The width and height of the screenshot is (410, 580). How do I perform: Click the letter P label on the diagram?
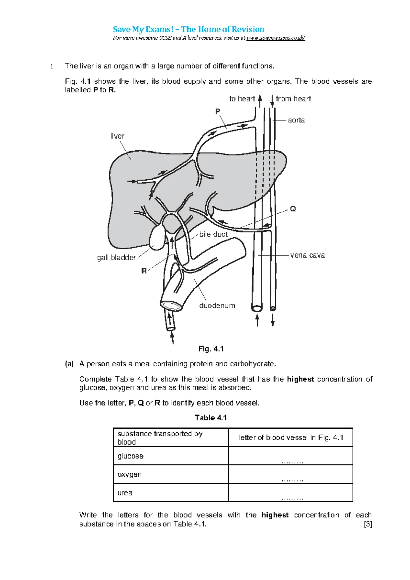(218, 111)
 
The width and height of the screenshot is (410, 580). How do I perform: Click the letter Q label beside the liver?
(293, 209)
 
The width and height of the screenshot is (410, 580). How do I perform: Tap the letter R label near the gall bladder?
(144, 271)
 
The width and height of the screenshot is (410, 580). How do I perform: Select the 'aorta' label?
(296, 120)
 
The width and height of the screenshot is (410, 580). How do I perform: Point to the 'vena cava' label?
(307, 255)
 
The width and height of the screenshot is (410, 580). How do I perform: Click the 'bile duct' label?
(213, 234)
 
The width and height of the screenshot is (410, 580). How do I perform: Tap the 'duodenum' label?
(217, 306)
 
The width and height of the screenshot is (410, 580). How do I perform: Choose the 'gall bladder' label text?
(116, 258)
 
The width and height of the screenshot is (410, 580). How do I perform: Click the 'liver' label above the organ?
(117, 136)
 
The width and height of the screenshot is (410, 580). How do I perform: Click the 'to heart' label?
(242, 99)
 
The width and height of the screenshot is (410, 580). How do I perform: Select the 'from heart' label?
(293, 99)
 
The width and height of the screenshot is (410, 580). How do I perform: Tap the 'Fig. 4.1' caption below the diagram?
(211, 349)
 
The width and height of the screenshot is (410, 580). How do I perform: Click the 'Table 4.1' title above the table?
(211, 418)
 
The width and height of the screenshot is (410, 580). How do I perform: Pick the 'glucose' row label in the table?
(131, 456)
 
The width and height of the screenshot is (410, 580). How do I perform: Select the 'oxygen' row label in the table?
(129, 474)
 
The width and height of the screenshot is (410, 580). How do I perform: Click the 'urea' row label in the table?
(125, 493)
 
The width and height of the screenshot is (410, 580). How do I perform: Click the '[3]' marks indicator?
(368, 524)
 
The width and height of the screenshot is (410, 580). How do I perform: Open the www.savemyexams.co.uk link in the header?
(276, 38)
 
